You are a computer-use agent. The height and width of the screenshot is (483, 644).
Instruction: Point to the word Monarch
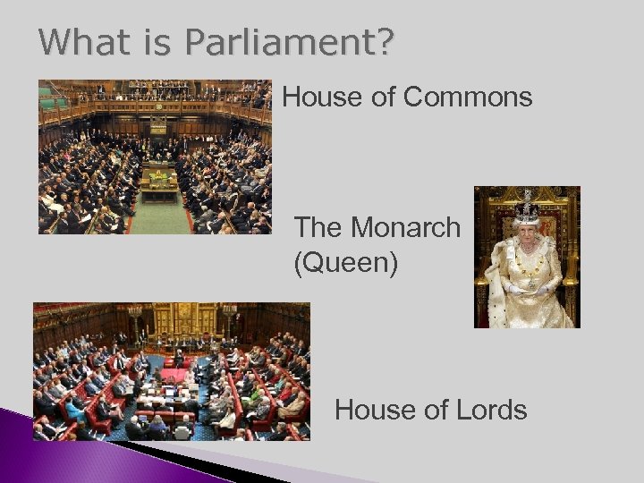click(406, 228)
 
